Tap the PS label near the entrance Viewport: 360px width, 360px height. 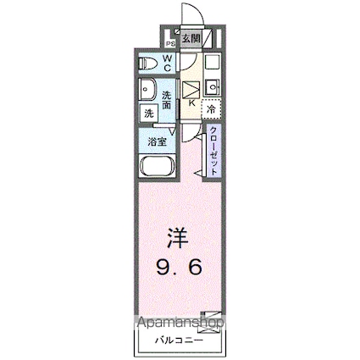pos(169,41)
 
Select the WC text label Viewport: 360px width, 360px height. pos(168,62)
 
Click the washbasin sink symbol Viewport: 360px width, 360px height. pos(147,90)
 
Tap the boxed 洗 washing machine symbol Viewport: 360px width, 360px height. pos(148,113)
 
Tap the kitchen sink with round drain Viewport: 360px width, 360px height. pos(213,86)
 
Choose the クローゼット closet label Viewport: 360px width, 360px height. pos(214,149)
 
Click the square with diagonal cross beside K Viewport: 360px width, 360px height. pos(191,88)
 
